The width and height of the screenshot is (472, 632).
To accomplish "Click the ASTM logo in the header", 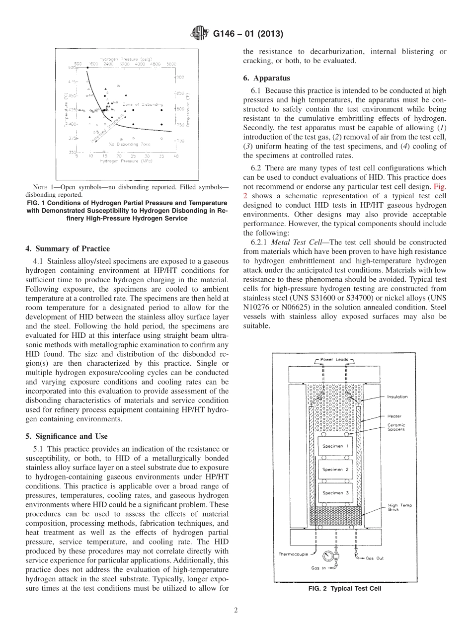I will click(x=201, y=34).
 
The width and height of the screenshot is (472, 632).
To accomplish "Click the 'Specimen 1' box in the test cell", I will click(x=332, y=446).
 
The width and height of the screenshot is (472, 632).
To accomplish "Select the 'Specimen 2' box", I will click(x=332, y=469).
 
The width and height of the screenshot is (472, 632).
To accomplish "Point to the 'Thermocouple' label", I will click(x=294, y=554).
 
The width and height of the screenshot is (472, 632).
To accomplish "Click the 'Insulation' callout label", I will click(x=397, y=396).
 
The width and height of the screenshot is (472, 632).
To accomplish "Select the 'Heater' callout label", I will click(x=394, y=416).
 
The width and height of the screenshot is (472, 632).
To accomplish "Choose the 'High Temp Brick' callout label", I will click(x=399, y=507).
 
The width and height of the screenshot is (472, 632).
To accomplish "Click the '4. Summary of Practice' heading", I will click(x=68, y=248).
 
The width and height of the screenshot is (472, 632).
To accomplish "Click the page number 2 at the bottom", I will click(x=236, y=611).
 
